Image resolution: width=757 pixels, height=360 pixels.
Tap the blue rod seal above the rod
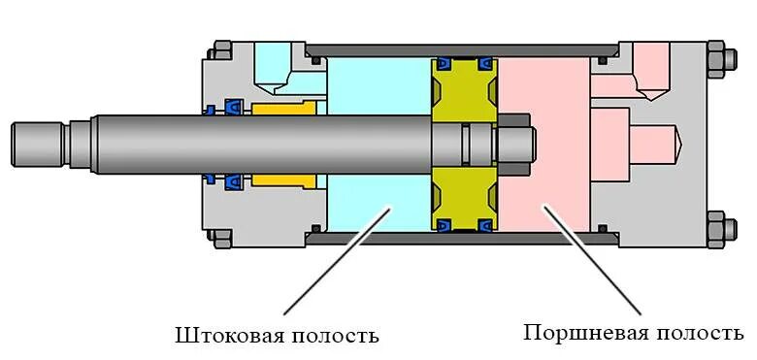click(234, 106)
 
